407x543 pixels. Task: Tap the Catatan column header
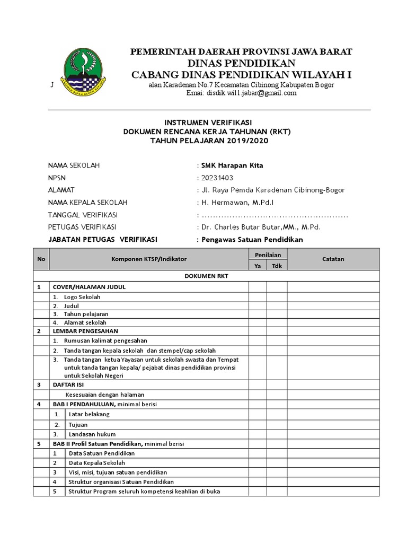333,259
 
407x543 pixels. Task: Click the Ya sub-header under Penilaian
258,266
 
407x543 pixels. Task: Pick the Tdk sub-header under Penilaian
277,266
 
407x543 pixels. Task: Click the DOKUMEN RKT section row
206,276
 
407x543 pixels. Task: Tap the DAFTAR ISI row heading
67,384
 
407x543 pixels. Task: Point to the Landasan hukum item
88,434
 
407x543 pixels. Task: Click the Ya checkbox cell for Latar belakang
258,414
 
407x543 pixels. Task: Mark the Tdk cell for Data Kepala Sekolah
277,463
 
